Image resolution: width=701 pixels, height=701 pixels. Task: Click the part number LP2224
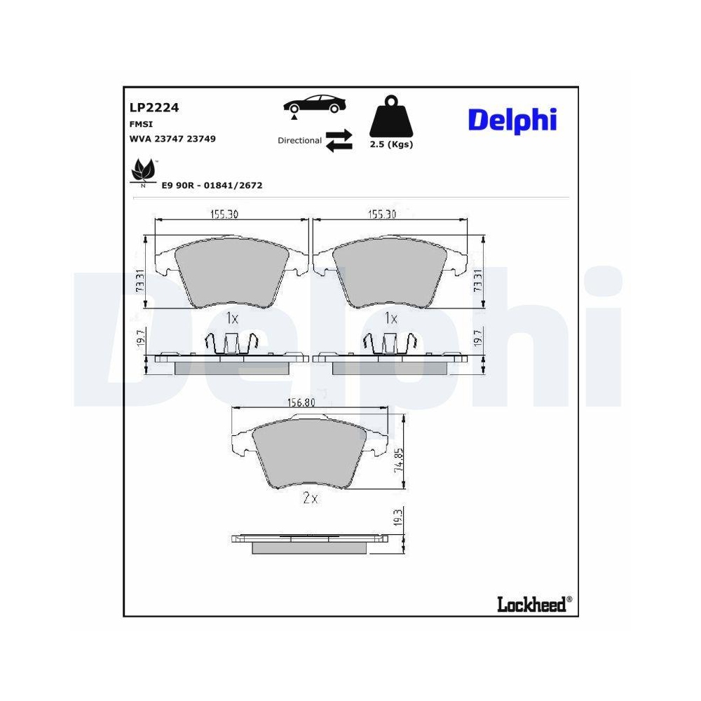tap(154, 107)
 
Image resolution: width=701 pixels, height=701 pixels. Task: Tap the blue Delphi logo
tap(512, 121)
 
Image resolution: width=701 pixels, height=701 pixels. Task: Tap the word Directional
tap(299, 141)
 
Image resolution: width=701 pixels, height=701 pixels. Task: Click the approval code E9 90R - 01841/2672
tap(212, 186)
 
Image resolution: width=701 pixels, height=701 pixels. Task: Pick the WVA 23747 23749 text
tap(172, 139)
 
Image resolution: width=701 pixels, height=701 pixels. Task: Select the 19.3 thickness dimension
tap(397, 519)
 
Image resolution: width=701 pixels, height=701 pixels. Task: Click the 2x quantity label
tap(310, 499)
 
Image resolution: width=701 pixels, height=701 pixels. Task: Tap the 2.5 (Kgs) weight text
tap(390, 145)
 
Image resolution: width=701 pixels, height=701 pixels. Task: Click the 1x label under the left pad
tap(233, 318)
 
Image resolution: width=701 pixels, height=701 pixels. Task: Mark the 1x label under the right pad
tap(390, 318)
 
